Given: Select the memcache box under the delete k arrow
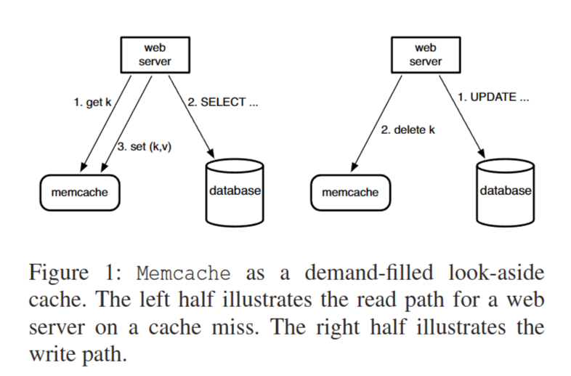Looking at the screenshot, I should point(350,193).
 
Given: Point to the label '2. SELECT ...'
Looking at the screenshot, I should point(223,103).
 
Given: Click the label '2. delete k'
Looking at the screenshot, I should point(408,131).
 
